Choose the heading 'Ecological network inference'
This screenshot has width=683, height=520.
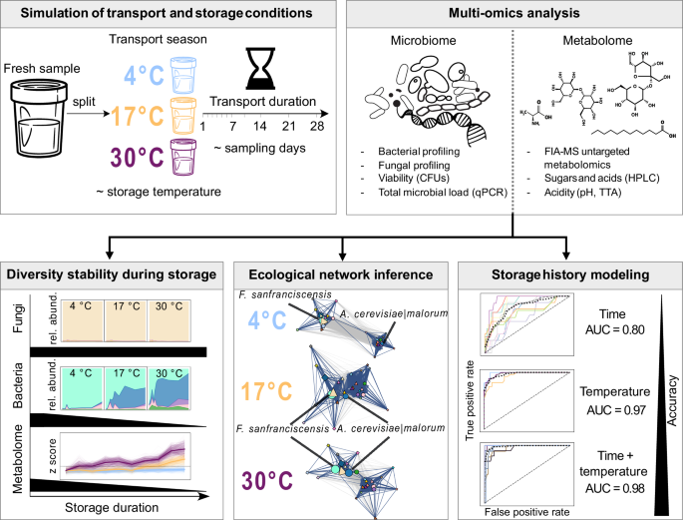[x=342, y=272]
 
